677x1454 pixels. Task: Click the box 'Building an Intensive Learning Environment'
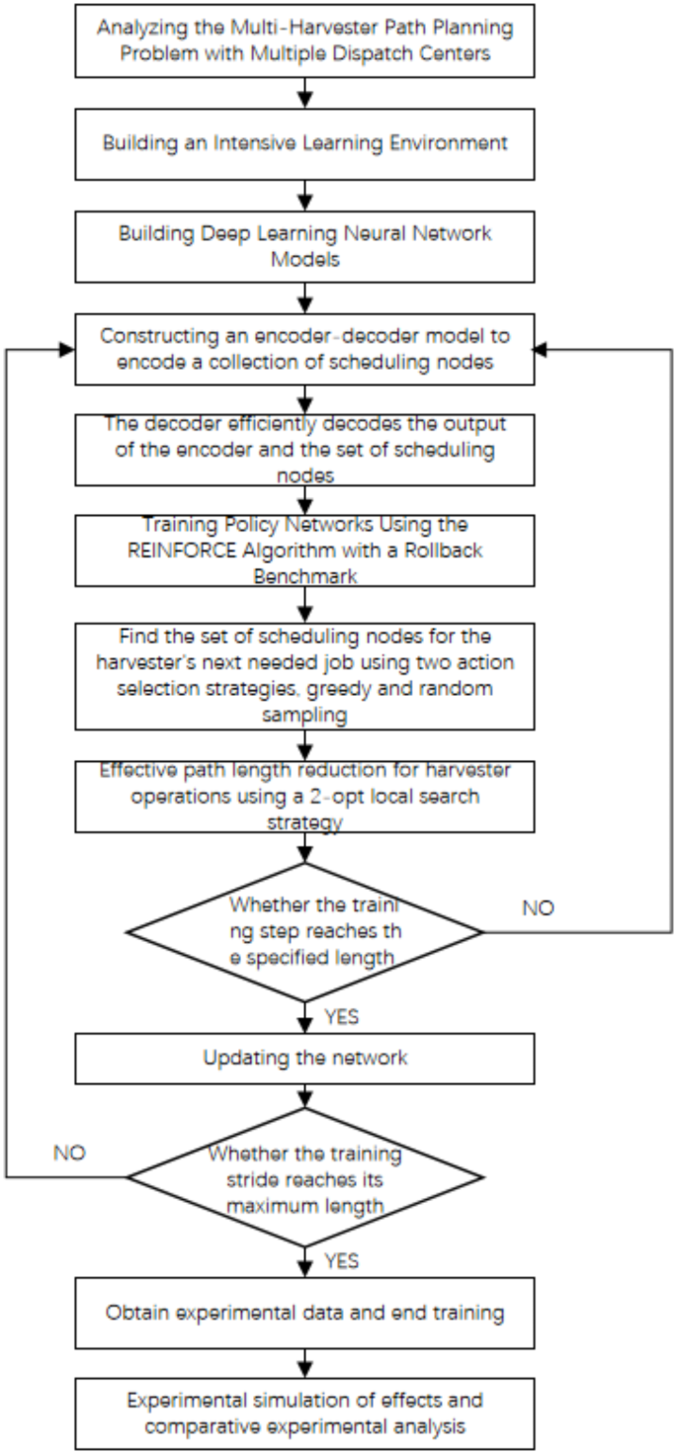[305, 142]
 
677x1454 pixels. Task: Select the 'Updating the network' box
[305, 1058]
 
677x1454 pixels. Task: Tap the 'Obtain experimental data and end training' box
[305, 1313]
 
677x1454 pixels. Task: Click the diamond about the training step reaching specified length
[305, 931]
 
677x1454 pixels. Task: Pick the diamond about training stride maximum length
[305, 1176]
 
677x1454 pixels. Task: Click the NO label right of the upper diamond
[538, 907]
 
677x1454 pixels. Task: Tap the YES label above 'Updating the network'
[341, 1016]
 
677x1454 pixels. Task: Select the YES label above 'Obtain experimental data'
[341, 1261]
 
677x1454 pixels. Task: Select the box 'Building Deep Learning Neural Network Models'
[305, 245]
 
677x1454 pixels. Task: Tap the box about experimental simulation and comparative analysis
[305, 1413]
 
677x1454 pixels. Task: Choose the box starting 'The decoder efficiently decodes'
[305, 450]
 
